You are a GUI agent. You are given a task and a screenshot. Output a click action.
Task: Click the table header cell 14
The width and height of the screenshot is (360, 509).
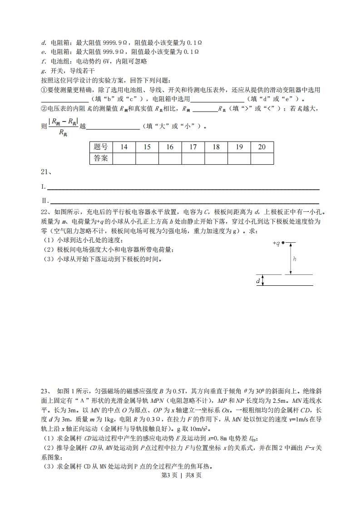click(124, 147)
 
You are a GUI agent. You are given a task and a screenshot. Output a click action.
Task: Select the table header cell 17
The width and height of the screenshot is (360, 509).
click(193, 147)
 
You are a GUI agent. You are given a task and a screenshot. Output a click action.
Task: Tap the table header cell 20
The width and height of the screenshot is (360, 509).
click(262, 147)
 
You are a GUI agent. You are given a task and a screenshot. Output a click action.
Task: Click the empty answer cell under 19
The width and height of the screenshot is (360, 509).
click(239, 158)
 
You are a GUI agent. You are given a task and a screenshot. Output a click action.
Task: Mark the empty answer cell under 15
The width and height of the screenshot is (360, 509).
click(147, 158)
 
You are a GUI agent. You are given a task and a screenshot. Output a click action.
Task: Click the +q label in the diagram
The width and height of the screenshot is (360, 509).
click(276, 243)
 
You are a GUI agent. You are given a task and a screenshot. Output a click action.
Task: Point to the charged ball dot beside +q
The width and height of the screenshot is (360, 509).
click(283, 243)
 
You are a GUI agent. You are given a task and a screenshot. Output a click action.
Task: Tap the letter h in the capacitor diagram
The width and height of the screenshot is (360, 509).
click(294, 259)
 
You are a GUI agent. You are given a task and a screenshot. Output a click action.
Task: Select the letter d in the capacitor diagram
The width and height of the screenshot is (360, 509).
click(258, 281)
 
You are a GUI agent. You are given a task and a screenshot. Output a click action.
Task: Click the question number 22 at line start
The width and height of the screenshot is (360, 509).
click(44, 212)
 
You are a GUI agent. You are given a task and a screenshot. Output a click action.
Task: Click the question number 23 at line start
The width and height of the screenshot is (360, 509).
click(44, 391)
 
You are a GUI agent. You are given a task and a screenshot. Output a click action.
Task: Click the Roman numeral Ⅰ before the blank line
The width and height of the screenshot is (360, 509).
click(43, 187)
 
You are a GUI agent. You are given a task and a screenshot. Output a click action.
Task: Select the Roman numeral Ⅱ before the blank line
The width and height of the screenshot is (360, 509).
click(44, 201)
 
